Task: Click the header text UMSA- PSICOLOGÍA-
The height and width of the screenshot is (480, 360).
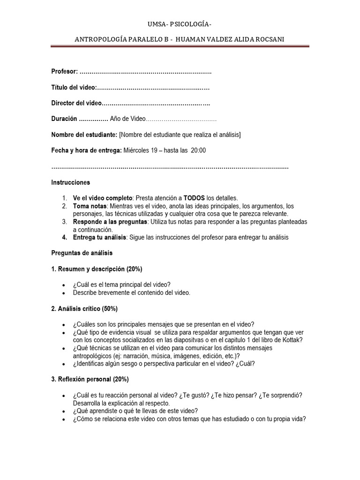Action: tap(180, 24)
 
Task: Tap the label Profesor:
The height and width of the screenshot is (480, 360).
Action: tap(64, 71)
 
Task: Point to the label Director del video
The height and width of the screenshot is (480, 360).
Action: tap(76, 103)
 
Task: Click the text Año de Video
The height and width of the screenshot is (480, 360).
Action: tap(128, 119)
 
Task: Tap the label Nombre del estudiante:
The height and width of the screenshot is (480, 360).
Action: tap(84, 135)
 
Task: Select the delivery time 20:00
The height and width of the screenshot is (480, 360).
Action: tap(198, 150)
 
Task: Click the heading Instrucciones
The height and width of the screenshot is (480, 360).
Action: tap(70, 182)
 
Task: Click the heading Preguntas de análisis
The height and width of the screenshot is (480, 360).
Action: tap(82, 253)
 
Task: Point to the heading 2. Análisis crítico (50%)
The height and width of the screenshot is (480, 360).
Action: tap(84, 308)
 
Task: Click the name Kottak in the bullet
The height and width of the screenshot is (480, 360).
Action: tap(291, 340)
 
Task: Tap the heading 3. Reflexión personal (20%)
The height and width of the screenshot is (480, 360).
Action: tap(90, 379)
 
